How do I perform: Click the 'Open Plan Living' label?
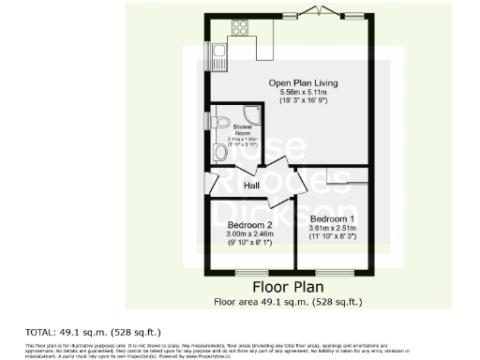tap(303, 83)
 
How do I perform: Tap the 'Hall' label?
tap(252, 186)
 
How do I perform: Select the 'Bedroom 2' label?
tap(249, 225)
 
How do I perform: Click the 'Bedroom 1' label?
tap(331, 217)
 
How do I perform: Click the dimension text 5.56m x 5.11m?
tap(303, 93)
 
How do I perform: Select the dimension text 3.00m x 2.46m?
tap(249, 234)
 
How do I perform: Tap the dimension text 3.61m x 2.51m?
tap(331, 227)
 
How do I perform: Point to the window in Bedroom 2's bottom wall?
tap(249, 273)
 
